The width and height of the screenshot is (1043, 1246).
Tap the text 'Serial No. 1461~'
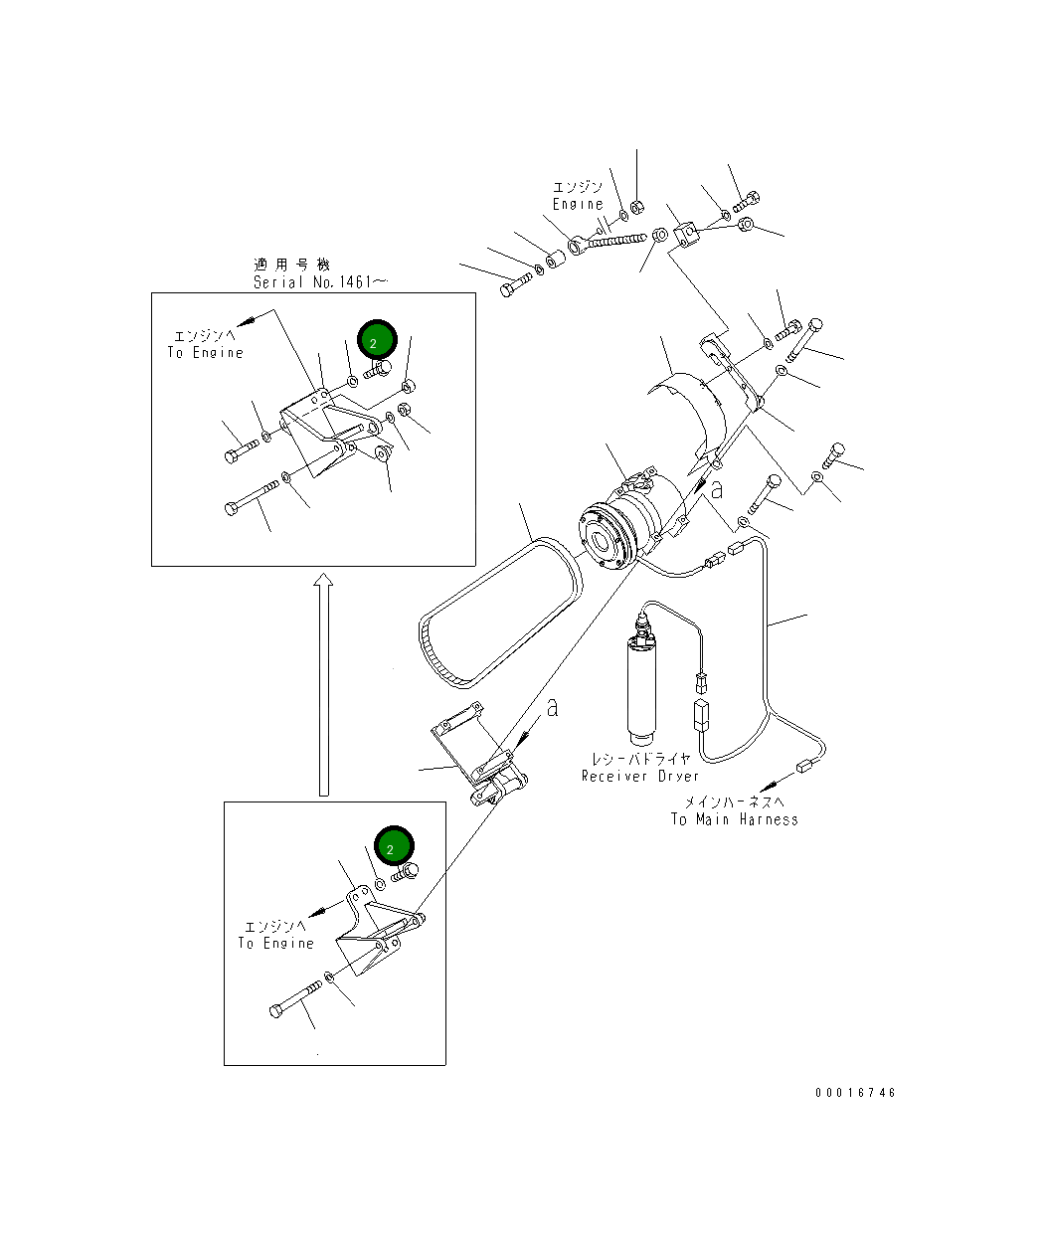320,282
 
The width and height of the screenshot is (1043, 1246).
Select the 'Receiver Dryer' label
639,776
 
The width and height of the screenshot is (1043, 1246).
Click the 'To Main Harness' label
734,819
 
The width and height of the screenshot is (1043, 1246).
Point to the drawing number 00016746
855,1093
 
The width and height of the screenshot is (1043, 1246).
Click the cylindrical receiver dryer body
641,686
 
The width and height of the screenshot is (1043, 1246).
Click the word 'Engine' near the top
578,204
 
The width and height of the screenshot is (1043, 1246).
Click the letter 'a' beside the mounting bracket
552,707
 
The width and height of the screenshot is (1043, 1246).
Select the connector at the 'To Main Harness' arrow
804,766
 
